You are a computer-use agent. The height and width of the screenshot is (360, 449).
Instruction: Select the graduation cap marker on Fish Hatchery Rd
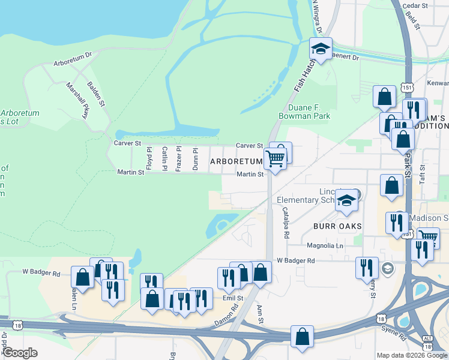point(321,50)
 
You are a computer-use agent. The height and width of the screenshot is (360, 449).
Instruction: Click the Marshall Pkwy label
point(77,100)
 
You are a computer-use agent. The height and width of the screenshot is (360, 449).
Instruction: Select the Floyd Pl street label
point(149,159)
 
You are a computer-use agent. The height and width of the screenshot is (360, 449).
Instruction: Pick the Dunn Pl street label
point(195,159)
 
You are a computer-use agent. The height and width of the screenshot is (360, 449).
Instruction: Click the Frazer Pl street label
point(179,158)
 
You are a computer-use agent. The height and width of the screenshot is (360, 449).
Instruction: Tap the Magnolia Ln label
point(324,246)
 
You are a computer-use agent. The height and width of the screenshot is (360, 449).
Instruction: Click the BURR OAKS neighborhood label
point(337,227)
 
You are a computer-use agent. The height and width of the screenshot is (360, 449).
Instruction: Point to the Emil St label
point(232,298)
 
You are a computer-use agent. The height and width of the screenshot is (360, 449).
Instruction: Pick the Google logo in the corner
point(20,353)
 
